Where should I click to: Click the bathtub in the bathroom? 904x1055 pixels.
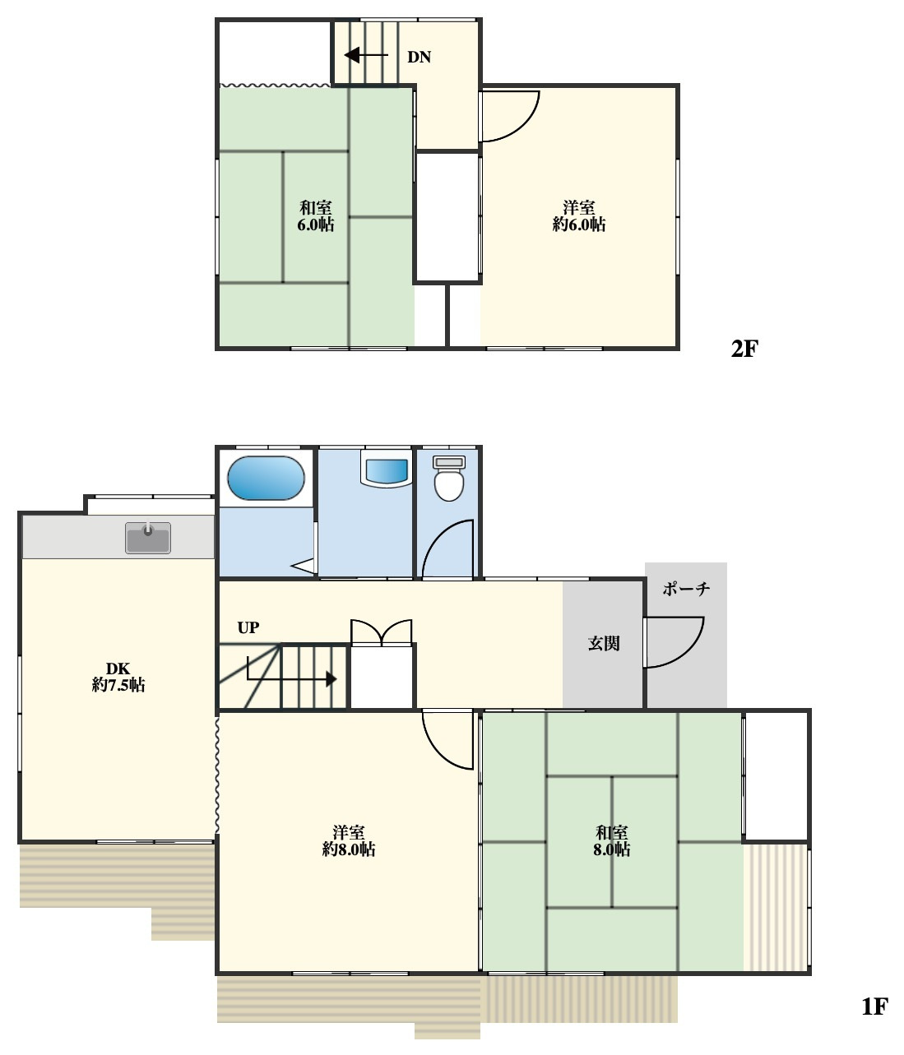click(x=266, y=478)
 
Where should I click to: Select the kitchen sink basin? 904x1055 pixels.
click(x=148, y=538)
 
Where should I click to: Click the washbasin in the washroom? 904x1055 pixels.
click(x=387, y=469)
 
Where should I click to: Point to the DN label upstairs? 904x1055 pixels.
click(x=419, y=58)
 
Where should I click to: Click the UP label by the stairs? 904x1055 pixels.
click(x=248, y=627)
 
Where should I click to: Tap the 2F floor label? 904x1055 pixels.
click(x=744, y=349)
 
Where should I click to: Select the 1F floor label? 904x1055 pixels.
click(x=875, y=1006)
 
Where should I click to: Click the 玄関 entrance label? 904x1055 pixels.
click(x=604, y=643)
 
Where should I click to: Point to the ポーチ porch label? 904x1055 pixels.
click(x=686, y=589)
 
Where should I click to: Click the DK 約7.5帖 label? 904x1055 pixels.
click(x=118, y=676)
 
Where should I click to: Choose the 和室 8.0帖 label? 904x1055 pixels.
click(x=611, y=840)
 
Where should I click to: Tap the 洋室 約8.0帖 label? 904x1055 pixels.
click(x=349, y=840)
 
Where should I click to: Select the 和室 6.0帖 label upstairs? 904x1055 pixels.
click(x=316, y=216)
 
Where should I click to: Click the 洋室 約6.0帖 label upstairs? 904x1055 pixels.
click(x=579, y=216)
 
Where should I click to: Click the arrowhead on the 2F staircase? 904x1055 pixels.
click(x=352, y=55)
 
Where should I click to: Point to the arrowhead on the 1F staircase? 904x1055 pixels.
click(x=331, y=679)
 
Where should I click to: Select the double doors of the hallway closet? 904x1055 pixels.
click(x=382, y=633)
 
